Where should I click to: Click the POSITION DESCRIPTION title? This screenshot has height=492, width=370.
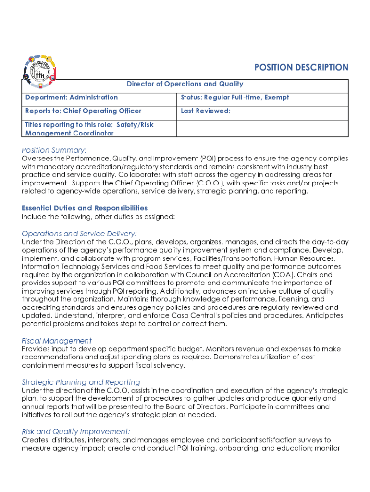tap(301, 68)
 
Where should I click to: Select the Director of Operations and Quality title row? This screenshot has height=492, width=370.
tap(185, 84)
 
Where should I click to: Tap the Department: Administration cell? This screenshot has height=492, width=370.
tap(72, 98)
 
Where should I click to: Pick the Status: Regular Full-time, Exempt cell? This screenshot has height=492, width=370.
tap(235, 98)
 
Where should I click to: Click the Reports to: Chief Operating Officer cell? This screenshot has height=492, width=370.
tap(84, 111)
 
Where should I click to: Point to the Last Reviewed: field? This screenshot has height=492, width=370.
tap(206, 111)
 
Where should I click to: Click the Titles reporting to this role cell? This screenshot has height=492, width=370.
tap(89, 129)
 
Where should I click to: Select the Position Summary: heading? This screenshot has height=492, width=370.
tap(54, 150)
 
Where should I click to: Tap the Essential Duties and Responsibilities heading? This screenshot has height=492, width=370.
tap(85, 208)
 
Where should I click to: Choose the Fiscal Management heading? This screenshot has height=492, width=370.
tap(57, 341)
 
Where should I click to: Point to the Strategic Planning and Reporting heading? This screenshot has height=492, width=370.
tap(81, 382)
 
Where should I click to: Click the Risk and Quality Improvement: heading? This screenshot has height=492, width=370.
tap(76, 431)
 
